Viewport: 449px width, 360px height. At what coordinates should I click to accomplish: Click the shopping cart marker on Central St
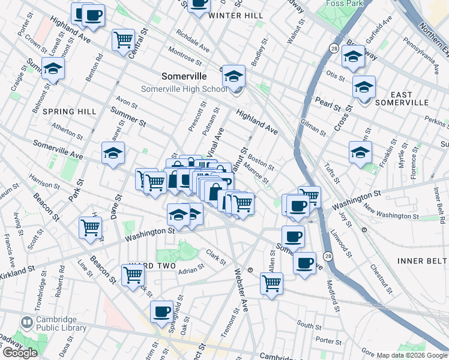click(x=124, y=40)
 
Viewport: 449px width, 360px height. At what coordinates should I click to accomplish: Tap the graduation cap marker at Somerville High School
click(x=234, y=76)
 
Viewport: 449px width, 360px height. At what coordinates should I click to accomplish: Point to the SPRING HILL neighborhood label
click(x=70, y=112)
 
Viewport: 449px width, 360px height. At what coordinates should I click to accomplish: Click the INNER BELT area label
click(x=422, y=260)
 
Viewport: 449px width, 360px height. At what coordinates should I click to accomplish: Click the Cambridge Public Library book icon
click(x=26, y=323)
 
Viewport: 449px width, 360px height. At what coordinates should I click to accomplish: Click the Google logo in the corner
click(x=19, y=352)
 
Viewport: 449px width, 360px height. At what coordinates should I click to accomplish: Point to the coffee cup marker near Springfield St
click(x=161, y=311)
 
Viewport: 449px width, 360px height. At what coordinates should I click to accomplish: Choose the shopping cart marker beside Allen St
click(x=271, y=283)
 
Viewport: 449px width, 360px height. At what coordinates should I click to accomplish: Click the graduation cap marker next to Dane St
click(x=113, y=154)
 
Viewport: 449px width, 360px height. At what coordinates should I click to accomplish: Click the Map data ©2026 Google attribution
click(x=412, y=355)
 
